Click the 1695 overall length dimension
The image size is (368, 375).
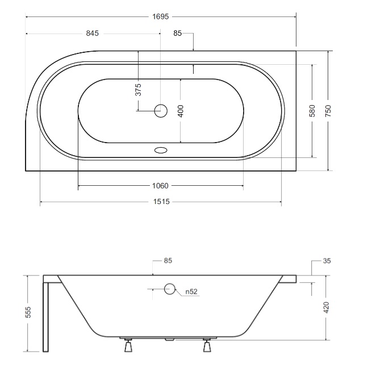coord(161,16)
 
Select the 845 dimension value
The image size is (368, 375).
coord(93,34)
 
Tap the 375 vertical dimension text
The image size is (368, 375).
coord(139,90)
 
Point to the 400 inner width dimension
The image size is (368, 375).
coord(181,111)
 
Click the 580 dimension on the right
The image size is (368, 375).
coord(312,111)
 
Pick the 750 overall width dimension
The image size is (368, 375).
coord(328,111)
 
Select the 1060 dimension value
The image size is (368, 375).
coord(160,186)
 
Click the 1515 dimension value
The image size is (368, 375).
coord(161,202)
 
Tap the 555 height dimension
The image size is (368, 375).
coord(28,312)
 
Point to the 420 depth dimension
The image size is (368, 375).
coord(326,307)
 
